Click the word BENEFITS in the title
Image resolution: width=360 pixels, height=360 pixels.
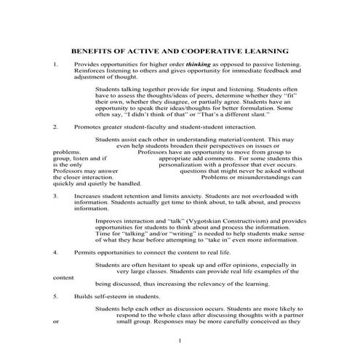92,52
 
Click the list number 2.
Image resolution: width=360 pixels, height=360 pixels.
55,127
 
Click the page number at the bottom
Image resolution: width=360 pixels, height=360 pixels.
180,340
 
